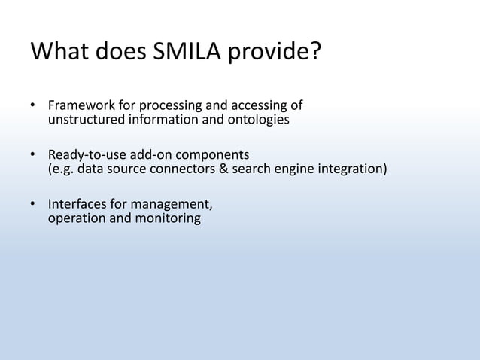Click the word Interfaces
[77, 204]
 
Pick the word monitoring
[169, 219]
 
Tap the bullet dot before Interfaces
[33, 205]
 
